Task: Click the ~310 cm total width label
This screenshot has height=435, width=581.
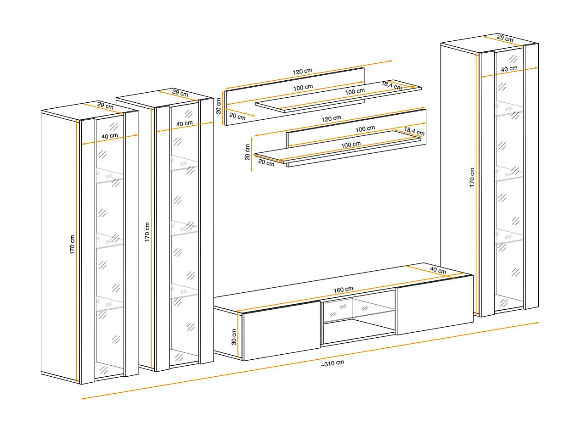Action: tap(333, 363)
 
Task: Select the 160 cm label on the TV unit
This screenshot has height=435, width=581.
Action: tap(343, 290)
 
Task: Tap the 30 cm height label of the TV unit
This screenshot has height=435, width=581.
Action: tap(234, 337)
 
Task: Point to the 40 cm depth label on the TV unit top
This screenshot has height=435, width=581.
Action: tap(438, 270)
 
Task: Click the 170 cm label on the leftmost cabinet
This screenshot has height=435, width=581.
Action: tap(72, 245)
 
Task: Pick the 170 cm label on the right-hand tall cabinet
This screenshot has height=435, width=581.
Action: tap(472, 178)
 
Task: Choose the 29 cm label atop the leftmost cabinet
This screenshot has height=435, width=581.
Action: tap(105, 106)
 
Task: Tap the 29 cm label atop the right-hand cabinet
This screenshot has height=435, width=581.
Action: tap(505, 39)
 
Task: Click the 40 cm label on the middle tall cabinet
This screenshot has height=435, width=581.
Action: tap(185, 123)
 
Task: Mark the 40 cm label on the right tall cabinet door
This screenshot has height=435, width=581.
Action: tap(509, 69)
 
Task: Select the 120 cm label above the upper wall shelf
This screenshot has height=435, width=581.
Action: tap(303, 72)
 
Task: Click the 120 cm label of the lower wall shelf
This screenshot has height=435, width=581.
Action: tap(332, 118)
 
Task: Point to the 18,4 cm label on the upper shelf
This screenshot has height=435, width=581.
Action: tap(392, 85)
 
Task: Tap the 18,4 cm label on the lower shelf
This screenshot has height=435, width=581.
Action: tap(414, 131)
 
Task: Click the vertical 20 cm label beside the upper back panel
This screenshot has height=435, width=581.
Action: tap(218, 106)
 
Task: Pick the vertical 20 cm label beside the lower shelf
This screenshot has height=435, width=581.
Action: tap(247, 152)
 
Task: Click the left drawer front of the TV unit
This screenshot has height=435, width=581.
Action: tap(282, 330)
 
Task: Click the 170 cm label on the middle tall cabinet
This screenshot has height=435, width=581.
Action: tap(147, 232)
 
